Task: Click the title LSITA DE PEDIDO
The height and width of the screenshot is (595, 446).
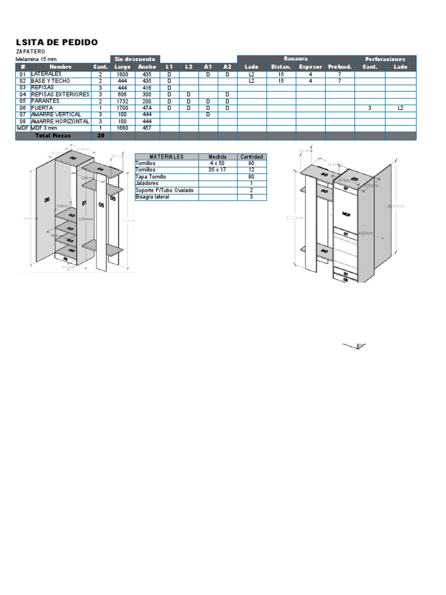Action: click(56, 42)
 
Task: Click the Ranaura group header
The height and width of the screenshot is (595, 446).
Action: click(296, 59)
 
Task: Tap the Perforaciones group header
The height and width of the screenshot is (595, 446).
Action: click(386, 59)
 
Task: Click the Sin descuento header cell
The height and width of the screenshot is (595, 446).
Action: click(135, 59)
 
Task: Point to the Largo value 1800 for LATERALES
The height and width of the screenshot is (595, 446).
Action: click(122, 74)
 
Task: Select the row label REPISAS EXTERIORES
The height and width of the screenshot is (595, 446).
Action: click(60, 94)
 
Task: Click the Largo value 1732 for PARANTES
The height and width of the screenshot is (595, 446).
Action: click(122, 101)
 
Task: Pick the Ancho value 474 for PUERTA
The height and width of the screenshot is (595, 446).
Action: click(147, 108)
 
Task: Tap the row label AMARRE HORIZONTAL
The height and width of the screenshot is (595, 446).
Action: click(60, 121)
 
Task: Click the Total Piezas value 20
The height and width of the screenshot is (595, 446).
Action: click(100, 135)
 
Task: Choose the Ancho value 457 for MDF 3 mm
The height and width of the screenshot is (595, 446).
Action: click(147, 128)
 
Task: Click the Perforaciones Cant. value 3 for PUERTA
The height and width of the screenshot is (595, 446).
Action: click(370, 108)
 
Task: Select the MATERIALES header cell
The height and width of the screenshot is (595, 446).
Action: click(166, 157)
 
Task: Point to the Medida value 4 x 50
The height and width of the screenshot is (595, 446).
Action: click(218, 163)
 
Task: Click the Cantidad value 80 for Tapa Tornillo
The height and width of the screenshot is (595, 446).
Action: click(251, 177)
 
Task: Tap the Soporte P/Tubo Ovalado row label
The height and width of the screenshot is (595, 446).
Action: click(164, 191)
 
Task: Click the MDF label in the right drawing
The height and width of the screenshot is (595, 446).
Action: click(346, 214)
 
